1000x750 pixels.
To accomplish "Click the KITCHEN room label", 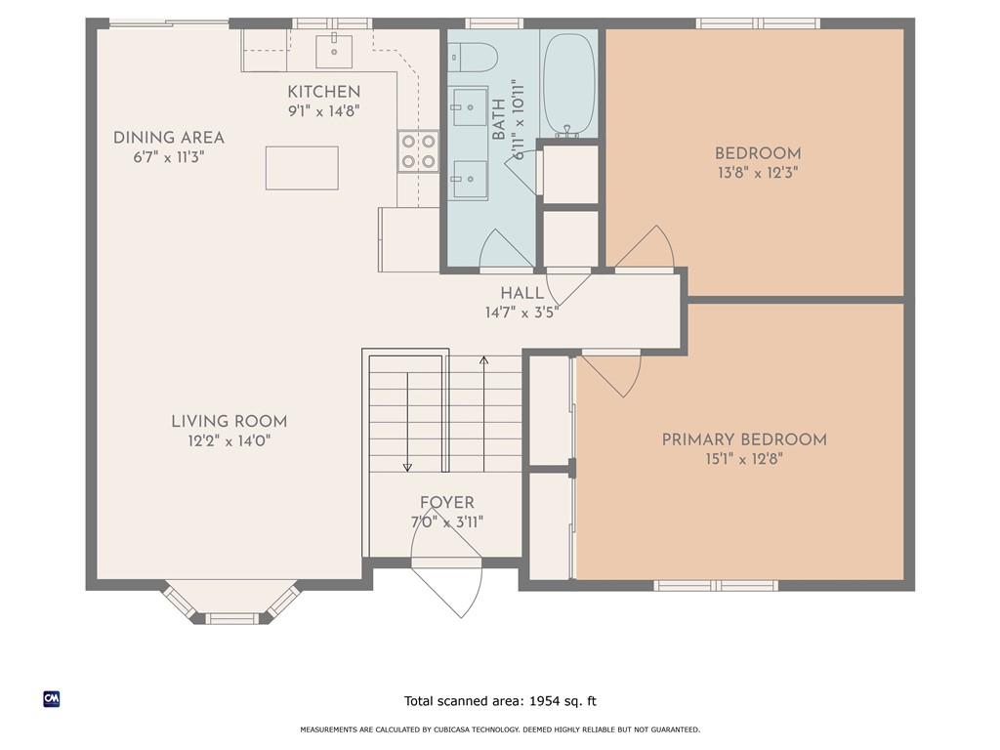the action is pos(324,92).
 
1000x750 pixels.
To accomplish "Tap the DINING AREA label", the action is pos(168,138).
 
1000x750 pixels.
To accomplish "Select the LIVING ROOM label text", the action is pos(229,422).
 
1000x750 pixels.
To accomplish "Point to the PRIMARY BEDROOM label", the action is pos(744,439).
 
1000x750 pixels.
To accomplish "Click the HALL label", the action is pos(522,293).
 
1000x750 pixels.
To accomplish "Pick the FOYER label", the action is pos(447,503).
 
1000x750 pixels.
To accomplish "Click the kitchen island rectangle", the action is pos(302,168).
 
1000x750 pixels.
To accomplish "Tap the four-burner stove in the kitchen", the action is pos(418,151).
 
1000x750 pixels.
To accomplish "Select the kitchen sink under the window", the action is pos(334,51).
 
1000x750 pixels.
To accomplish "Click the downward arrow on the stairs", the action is pos(407,422).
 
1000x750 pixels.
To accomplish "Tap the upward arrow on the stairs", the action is pos(484,414).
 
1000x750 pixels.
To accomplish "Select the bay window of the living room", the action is pos(230,603).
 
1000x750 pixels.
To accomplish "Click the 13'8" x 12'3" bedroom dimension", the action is pos(758,173).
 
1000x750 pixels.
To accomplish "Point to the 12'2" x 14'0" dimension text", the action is pos(229,440).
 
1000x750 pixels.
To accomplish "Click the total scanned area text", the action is pos(500,701).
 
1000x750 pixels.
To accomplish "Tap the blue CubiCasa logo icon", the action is pos(52,699).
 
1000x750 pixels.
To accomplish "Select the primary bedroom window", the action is pos(716,586).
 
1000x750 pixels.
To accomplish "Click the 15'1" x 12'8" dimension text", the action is pos(744,459).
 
